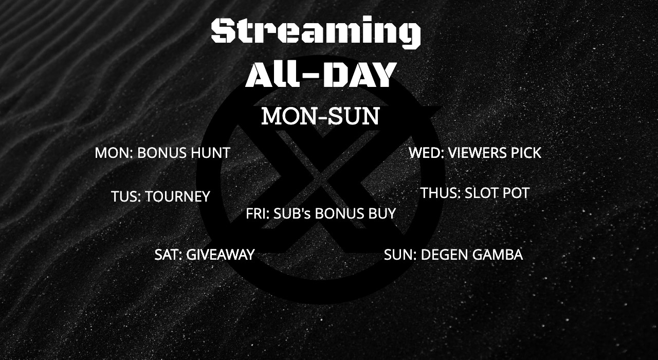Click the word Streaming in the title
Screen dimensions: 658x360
316,32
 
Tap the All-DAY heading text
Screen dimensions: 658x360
320,75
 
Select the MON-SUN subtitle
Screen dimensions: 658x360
320,116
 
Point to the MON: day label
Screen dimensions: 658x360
114,153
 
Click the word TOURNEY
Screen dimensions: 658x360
178,196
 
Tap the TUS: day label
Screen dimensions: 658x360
126,196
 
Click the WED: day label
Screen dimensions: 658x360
427,153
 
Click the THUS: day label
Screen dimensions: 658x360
441,193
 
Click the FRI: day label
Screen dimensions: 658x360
258,213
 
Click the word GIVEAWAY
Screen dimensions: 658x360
221,255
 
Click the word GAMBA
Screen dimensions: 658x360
498,255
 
